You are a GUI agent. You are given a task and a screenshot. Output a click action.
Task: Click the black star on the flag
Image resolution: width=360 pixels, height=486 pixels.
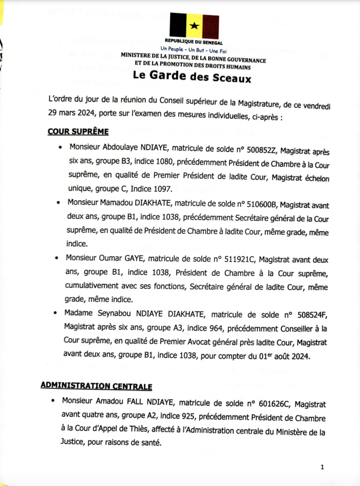194,25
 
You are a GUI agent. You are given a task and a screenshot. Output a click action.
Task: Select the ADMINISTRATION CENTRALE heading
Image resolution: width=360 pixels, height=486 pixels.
97,386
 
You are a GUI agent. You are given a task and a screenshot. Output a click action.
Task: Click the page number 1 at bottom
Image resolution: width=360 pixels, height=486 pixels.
322,467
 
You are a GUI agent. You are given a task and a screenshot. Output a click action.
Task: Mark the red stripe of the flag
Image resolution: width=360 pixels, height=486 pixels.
211,26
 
